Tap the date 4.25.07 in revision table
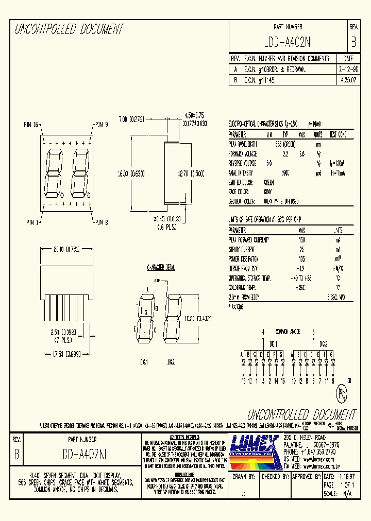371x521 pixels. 348,80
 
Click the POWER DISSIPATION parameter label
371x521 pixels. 244,259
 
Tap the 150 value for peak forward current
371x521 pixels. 302,240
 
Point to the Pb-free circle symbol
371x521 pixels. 341,395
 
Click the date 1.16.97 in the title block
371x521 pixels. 346,477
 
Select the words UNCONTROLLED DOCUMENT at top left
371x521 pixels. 69,29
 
